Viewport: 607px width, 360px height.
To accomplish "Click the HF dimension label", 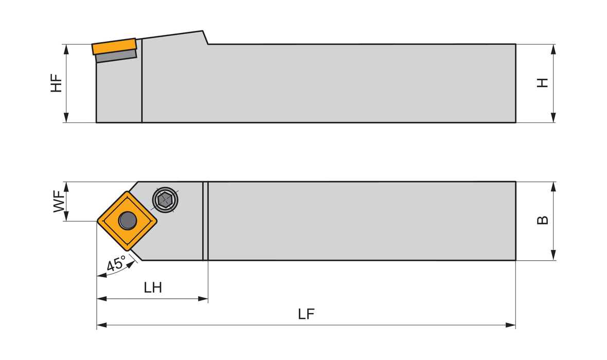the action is pyautogui.click(x=57, y=82).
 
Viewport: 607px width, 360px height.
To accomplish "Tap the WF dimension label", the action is pyautogui.click(x=59, y=201).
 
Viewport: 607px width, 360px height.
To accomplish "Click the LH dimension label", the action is pyautogui.click(x=153, y=287).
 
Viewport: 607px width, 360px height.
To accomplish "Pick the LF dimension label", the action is pyautogui.click(x=306, y=314).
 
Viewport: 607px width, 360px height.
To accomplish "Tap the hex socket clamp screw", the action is pyautogui.click(x=165, y=200).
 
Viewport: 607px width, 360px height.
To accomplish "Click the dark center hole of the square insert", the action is pyautogui.click(x=128, y=220).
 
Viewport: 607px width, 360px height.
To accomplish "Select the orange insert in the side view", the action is pyautogui.click(x=114, y=46).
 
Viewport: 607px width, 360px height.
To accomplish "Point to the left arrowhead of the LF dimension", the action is pyautogui.click(x=101, y=325).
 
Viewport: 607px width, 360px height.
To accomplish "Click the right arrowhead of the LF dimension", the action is pyautogui.click(x=511, y=325).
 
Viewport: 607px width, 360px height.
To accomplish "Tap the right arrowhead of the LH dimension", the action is pyautogui.click(x=203, y=298).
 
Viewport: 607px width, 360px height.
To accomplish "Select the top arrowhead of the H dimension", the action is pyautogui.click(x=553, y=49).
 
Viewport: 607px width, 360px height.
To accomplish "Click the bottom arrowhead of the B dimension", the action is pyautogui.click(x=553, y=255).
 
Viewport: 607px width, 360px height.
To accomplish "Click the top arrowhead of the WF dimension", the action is pyautogui.click(x=66, y=187).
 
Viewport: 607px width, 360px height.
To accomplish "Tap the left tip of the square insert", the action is pyautogui.click(x=97, y=221).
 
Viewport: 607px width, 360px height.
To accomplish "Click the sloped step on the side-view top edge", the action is pyautogui.click(x=206, y=38).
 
